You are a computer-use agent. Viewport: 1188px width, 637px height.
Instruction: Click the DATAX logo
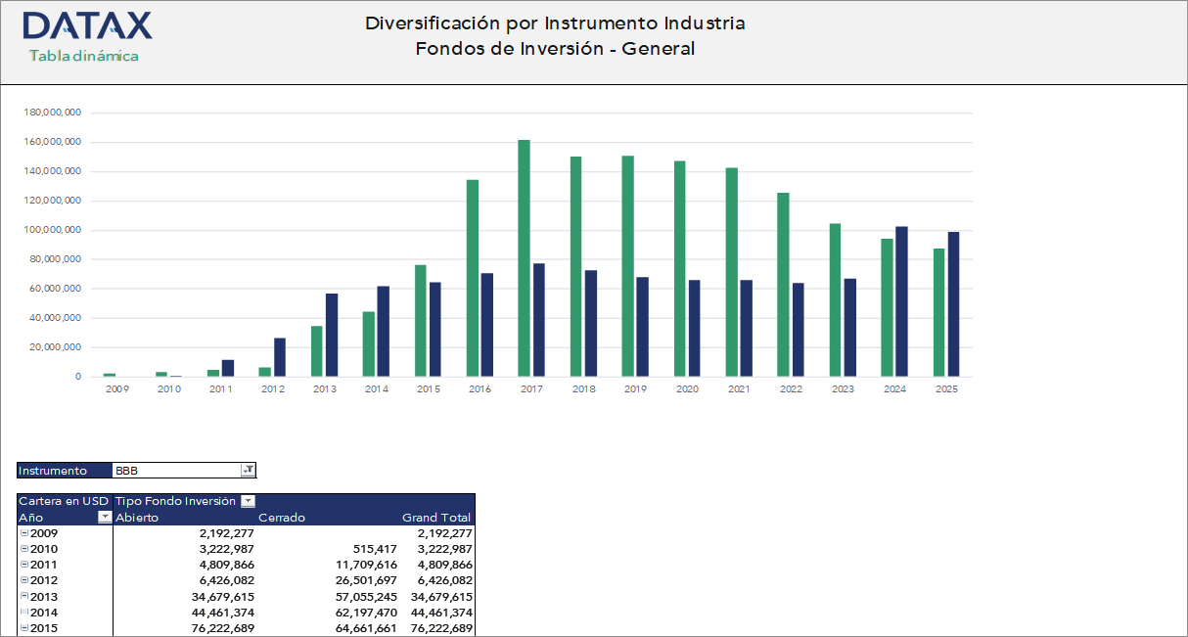click(x=87, y=25)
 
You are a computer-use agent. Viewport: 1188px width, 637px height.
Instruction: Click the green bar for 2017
click(x=525, y=258)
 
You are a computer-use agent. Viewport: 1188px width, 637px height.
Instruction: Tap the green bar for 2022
click(x=784, y=285)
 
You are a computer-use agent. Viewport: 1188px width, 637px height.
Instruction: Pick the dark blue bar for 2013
click(x=332, y=335)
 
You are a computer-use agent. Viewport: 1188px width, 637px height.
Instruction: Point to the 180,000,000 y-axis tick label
click(x=52, y=113)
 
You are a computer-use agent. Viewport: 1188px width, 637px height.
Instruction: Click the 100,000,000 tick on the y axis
click(x=52, y=230)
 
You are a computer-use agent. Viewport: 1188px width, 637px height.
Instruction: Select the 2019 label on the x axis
click(x=635, y=389)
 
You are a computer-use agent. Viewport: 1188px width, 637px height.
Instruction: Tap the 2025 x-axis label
click(x=946, y=389)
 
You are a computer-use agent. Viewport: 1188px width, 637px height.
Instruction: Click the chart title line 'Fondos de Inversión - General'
click(x=555, y=49)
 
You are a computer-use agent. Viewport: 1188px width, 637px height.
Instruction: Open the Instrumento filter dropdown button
click(x=249, y=471)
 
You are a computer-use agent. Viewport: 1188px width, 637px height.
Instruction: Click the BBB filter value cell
click(x=176, y=471)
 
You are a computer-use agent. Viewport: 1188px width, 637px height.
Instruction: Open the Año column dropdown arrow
click(x=105, y=518)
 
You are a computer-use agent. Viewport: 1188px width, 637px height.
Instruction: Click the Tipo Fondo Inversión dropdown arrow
click(x=248, y=501)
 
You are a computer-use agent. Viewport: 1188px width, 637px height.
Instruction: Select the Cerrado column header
click(x=282, y=518)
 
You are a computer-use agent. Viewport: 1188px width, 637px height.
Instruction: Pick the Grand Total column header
click(x=436, y=518)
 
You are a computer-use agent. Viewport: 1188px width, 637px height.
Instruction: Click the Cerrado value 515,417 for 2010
click(x=373, y=549)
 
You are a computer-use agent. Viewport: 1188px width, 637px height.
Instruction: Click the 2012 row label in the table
click(x=44, y=580)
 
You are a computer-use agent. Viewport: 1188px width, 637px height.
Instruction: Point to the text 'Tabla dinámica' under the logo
click(x=84, y=56)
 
